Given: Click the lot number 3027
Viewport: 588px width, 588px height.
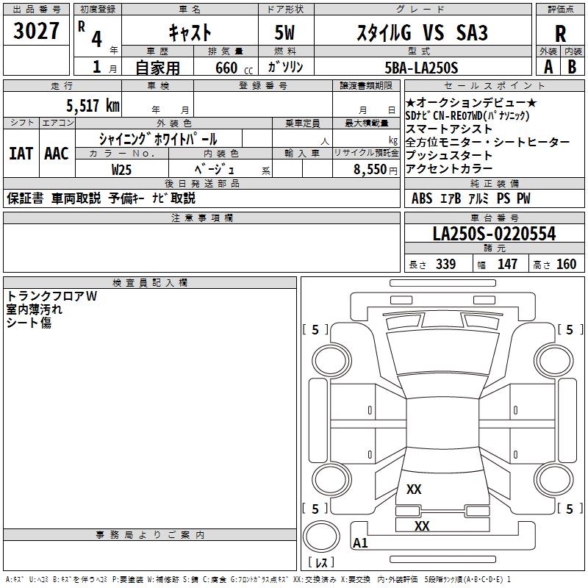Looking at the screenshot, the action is pyautogui.click(x=36, y=32).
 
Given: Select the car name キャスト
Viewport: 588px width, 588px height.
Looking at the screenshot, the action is pyautogui.click(x=190, y=32).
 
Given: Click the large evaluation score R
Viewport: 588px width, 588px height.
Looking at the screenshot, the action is pyautogui.click(x=560, y=34).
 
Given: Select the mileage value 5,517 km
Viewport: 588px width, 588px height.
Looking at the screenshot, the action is pyautogui.click(x=92, y=106).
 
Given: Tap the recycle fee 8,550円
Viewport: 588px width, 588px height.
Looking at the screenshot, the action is pyautogui.click(x=365, y=169).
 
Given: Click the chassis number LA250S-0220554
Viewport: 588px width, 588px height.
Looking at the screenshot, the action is pyautogui.click(x=494, y=234).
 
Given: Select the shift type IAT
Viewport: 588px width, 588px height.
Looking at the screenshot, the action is pyautogui.click(x=21, y=154).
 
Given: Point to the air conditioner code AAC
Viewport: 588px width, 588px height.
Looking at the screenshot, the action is pyautogui.click(x=57, y=154).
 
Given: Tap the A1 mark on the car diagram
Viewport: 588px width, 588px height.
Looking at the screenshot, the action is pyautogui.click(x=360, y=543).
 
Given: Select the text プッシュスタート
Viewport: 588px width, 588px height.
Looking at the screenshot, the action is pyautogui.click(x=448, y=156).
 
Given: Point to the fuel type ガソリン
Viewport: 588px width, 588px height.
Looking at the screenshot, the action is pyautogui.click(x=288, y=68).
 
